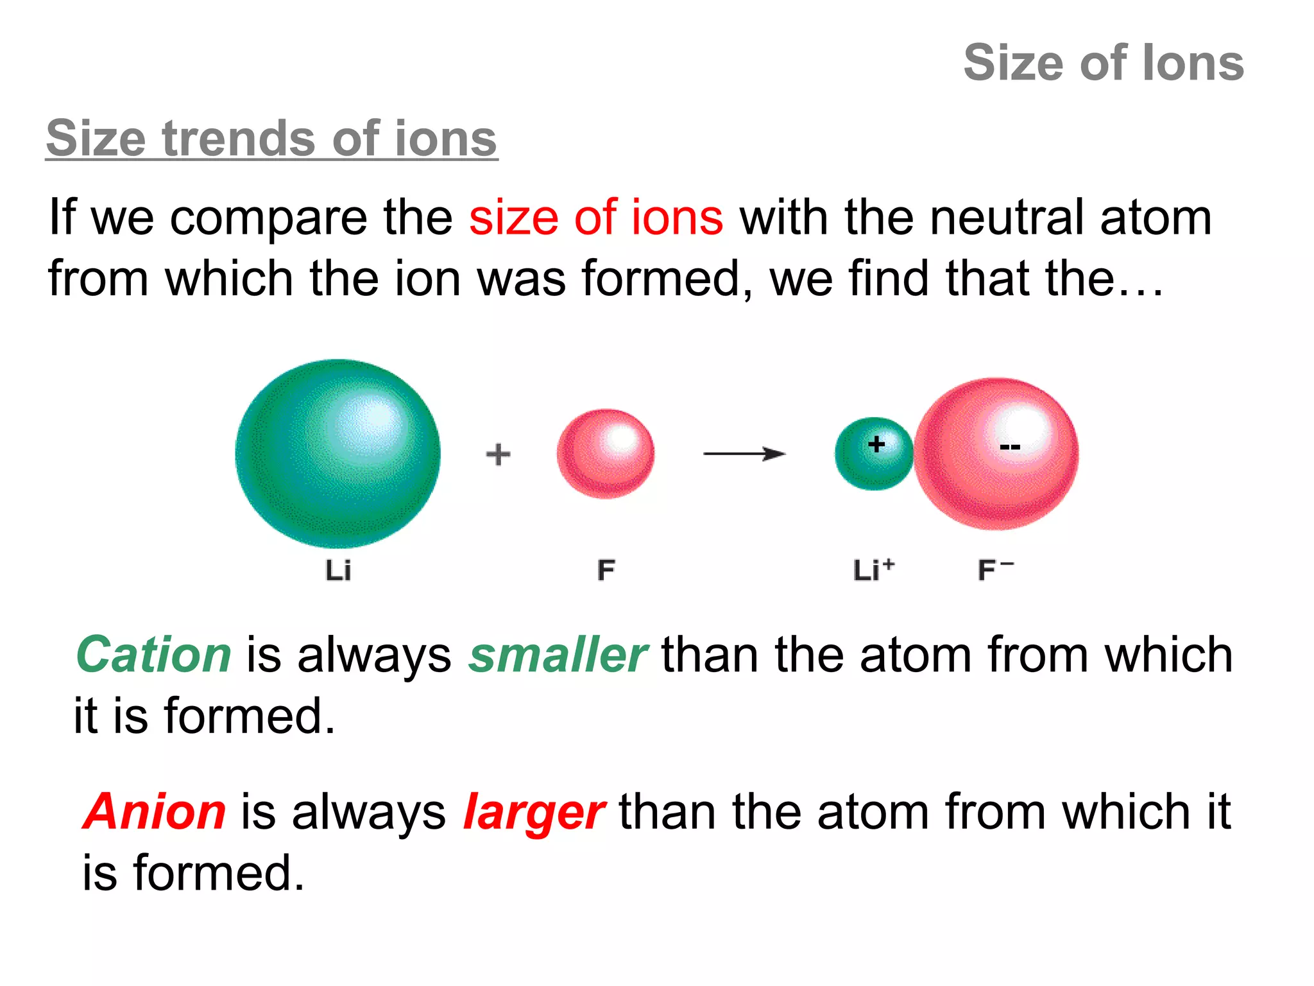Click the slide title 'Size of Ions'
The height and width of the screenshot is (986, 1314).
pos(1104,63)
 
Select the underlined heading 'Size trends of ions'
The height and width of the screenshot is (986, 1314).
pos(271,138)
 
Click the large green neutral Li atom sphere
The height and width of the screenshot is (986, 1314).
pos(337,454)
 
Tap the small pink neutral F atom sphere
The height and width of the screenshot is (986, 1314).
pos(606,454)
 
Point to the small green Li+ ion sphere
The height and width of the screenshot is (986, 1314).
pos(873,454)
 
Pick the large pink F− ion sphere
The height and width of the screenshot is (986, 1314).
pos(996,454)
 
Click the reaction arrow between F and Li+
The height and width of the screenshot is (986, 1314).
pos(744,454)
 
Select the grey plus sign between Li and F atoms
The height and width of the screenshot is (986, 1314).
pos(498,454)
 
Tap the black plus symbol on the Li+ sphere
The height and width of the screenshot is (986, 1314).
pos(876,444)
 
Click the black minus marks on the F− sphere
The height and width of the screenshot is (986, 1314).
pos(1010,446)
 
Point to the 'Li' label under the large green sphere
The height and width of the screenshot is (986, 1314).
pos(338,570)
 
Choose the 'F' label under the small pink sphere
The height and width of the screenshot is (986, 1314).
pos(606,570)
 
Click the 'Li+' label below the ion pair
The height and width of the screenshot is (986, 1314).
pos(873,569)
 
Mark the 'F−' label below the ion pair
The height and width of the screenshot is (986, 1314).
pos(995,569)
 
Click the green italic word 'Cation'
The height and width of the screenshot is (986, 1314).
pos(153,655)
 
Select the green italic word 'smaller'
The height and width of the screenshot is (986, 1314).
pos(558,655)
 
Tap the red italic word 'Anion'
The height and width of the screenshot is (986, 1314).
pos(155,811)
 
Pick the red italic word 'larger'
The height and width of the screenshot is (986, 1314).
pos(533,813)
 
